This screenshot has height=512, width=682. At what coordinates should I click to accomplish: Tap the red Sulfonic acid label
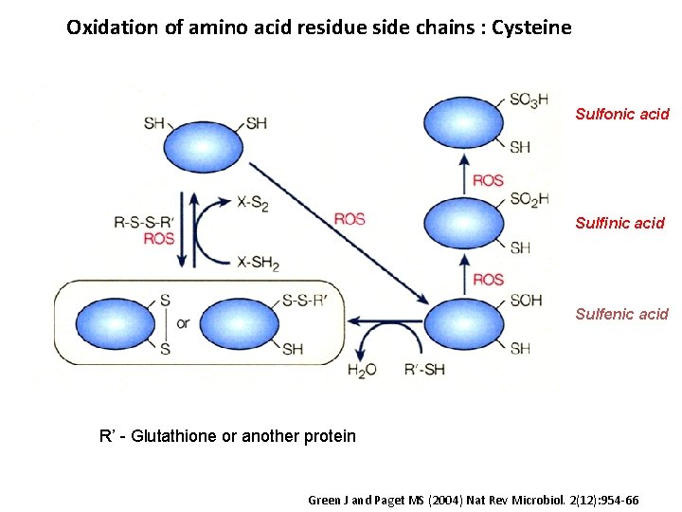click(621, 114)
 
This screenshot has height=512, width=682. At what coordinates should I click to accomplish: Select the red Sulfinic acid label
click(620, 224)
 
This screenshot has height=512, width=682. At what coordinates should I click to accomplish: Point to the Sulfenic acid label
click(621, 314)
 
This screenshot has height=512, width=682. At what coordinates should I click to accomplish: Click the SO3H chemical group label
click(529, 101)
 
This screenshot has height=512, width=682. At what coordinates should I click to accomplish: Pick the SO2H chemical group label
click(529, 199)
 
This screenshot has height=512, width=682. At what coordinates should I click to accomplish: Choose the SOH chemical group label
click(526, 301)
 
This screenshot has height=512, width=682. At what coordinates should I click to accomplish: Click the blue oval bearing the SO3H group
click(461, 121)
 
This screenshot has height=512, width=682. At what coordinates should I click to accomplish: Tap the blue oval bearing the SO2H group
click(461, 222)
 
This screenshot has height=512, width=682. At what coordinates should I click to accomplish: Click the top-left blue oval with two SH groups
click(204, 147)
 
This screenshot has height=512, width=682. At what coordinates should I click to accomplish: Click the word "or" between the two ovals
click(183, 323)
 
